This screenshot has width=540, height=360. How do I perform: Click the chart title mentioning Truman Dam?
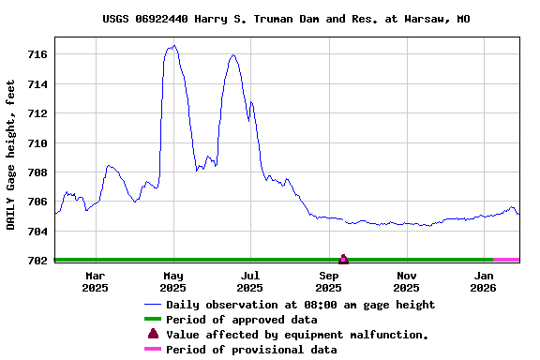click(286, 19)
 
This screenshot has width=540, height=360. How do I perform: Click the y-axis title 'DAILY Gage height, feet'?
click(10, 155)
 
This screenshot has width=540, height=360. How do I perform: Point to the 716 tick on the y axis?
click(37, 55)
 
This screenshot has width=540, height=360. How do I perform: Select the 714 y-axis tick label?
click(37, 84)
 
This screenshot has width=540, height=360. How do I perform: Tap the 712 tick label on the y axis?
click(37, 113)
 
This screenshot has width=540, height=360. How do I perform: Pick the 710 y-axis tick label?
click(37, 143)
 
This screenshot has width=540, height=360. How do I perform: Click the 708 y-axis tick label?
click(37, 172)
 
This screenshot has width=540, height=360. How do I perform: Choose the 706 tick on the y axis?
click(37, 202)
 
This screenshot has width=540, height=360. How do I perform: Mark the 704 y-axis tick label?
click(37, 231)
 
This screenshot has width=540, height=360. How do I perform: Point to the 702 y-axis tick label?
click(37, 261)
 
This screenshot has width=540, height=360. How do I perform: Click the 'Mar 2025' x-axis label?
click(95, 281)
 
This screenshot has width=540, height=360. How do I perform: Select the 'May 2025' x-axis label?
click(173, 281)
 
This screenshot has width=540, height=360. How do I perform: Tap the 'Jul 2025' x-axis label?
click(250, 281)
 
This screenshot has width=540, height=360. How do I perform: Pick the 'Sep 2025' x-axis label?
click(329, 281)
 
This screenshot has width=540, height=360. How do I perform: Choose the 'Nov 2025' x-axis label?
click(406, 281)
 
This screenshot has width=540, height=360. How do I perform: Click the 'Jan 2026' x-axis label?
click(485, 281)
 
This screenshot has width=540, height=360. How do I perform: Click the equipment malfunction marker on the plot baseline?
click(343, 259)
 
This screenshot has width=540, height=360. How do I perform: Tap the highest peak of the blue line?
click(174, 45)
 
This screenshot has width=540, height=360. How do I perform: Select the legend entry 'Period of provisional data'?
click(251, 350)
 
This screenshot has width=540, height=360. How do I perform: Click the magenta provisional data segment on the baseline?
click(506, 260)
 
